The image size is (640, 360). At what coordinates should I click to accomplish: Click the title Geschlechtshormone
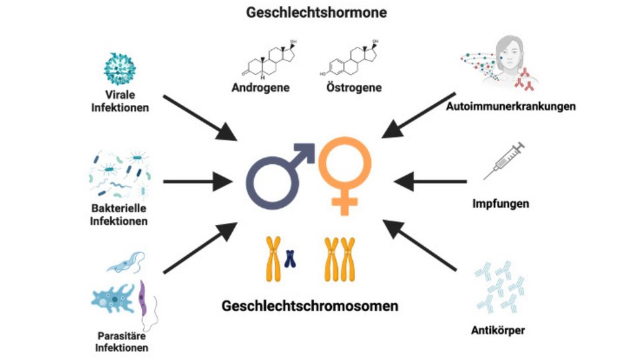point(316,13)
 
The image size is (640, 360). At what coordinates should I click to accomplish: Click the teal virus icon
point(120,68)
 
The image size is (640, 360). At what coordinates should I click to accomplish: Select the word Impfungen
point(501,204)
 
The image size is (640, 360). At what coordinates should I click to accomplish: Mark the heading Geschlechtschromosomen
point(310,307)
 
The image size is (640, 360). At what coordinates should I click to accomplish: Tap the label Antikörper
point(499,330)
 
